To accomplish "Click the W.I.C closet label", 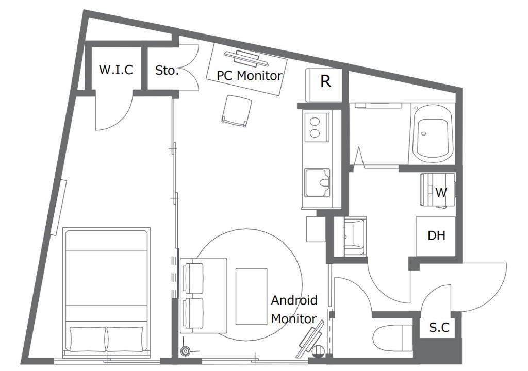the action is [116, 70].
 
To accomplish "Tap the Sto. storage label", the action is [167, 70].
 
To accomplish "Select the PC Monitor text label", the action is [249, 75].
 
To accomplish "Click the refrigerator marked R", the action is [324, 85].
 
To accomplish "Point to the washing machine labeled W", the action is [438, 190].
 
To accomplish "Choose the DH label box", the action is [436, 237].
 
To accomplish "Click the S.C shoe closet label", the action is [439, 327].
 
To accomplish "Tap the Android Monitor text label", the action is [294, 309].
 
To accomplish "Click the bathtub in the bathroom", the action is [433, 133].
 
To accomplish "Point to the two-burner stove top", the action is [317, 127].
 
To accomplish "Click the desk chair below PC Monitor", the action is [237, 111].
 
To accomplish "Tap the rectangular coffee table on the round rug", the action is [252, 296].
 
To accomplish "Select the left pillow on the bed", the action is [88, 339].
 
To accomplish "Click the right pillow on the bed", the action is [125, 339].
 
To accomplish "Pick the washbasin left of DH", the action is [354, 236].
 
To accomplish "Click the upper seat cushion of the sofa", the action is [193, 277].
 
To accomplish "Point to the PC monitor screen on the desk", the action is [246, 58].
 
